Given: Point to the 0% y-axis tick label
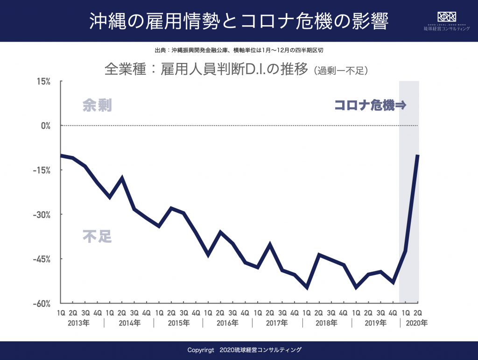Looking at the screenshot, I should (x=45, y=126).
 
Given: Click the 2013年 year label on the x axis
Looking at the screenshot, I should (x=79, y=323).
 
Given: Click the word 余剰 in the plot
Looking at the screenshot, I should (x=97, y=106).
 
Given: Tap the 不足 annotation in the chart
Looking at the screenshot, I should (x=97, y=236).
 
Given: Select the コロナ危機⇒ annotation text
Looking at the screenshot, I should (x=370, y=106).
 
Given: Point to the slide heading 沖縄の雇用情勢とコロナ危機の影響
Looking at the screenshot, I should (x=239, y=21).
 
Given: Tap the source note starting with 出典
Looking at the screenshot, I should (x=239, y=50).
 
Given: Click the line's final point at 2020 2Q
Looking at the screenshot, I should (x=418, y=155).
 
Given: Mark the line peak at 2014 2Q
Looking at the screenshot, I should (x=122, y=178).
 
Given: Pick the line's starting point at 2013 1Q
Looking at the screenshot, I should (x=61, y=155).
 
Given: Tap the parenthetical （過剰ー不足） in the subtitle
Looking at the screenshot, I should (x=342, y=71).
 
